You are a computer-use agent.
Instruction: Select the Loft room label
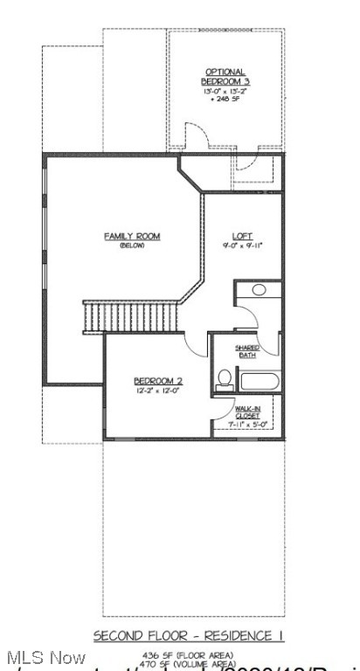click(242, 235)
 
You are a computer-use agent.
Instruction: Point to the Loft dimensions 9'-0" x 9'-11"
click(242, 245)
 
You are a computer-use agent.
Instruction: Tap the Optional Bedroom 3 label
click(225, 76)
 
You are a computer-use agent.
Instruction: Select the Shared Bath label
click(248, 351)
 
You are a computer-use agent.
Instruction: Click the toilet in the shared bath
click(224, 379)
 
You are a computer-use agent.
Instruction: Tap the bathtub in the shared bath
click(258, 382)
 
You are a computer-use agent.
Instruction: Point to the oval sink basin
click(259, 290)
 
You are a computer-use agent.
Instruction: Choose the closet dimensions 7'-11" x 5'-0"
click(246, 425)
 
